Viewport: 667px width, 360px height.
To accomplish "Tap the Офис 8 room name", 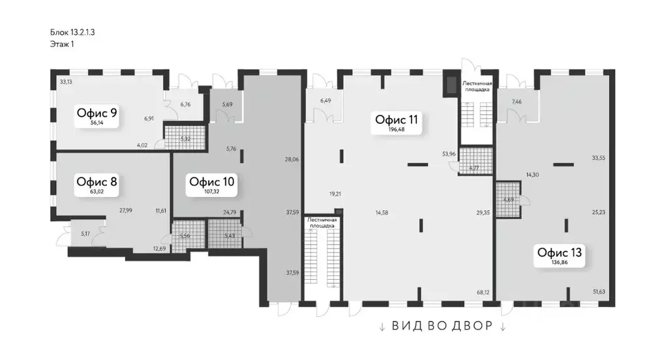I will tap(96, 181).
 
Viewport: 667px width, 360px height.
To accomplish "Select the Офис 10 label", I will tap(212, 181).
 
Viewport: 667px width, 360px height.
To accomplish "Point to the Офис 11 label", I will tap(396, 119).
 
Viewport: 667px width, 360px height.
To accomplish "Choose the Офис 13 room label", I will tap(559, 252).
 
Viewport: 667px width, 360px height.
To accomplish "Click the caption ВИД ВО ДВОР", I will tap(443, 326).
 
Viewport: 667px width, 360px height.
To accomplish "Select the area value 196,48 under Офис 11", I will tap(396, 130).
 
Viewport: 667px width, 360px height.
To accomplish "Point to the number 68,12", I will tap(483, 293).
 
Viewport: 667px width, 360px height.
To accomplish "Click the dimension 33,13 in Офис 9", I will tap(65, 82).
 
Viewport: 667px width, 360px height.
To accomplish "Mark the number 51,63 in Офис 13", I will tap(599, 292).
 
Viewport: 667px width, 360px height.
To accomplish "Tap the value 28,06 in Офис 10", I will tap(291, 158).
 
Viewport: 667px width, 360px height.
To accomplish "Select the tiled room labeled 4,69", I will tap(509, 200).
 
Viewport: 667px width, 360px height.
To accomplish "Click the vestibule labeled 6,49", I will tap(325, 100).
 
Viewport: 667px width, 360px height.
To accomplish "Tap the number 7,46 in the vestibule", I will tap(517, 102).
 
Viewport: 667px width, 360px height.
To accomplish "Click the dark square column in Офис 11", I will tap(449, 85).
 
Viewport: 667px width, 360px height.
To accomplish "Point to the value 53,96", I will tap(449, 154).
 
